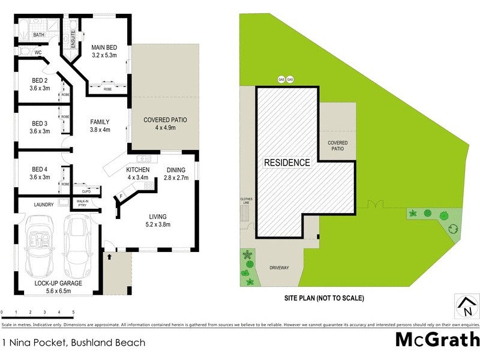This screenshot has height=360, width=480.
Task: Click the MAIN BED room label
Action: [x=103, y=47]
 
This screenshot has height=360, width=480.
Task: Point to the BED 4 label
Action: [x=40, y=169]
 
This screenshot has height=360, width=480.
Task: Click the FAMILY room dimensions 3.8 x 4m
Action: [x=100, y=130]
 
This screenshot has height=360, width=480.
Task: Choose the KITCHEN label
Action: [x=137, y=170]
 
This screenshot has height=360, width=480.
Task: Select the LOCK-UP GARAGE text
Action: [x=58, y=283]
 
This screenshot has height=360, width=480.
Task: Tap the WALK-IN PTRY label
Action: [x=83, y=203]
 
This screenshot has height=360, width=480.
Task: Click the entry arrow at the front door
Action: [x=109, y=257]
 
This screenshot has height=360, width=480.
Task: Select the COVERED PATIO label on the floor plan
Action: [x=165, y=120]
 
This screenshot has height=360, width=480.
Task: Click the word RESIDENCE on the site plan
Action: [x=287, y=163]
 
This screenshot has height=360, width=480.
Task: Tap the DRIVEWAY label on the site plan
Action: [x=279, y=267]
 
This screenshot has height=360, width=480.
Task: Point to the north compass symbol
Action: [x=466, y=307]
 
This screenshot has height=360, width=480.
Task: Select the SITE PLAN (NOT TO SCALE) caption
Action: [x=324, y=298]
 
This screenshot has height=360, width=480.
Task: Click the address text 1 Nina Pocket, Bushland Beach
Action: [x=74, y=343]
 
